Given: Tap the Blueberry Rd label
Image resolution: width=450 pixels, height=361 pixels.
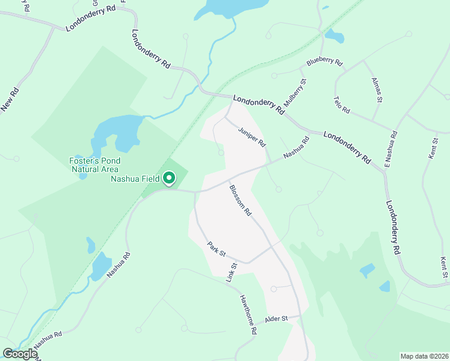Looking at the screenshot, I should pyautogui.click(x=324, y=62).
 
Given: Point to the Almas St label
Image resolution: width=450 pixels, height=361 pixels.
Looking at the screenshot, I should pyautogui.click(x=377, y=90).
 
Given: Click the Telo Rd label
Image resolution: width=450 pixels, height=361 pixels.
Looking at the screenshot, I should pyautogui.click(x=341, y=105).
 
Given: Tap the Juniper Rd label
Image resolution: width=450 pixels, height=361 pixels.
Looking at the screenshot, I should pyautogui.click(x=251, y=137).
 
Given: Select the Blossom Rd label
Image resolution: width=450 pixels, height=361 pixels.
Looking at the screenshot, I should pyautogui.click(x=239, y=200).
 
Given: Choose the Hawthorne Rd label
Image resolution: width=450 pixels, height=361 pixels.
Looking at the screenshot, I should pyautogui.click(x=248, y=315).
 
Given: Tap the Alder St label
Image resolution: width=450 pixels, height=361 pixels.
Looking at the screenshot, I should pyautogui.click(x=277, y=318).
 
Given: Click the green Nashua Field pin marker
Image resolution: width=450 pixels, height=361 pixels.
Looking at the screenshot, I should pyautogui.click(x=170, y=177).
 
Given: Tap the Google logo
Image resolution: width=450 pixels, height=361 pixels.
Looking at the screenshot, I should pyautogui.click(x=20, y=353).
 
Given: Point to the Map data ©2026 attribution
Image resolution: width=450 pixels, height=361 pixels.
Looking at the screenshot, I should pyautogui.click(x=424, y=356).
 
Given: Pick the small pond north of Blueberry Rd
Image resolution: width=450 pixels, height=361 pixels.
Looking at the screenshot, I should pyautogui.click(x=334, y=36).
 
